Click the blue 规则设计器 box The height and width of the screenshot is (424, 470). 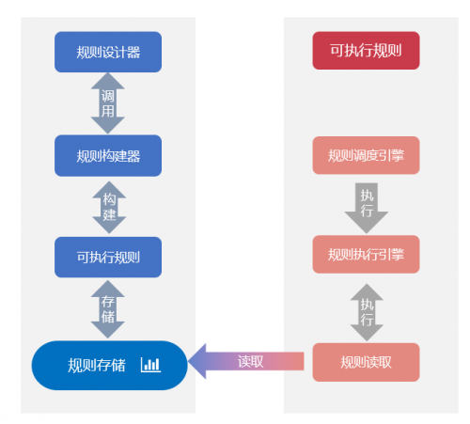click(108, 52)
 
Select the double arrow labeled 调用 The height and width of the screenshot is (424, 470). click(108, 103)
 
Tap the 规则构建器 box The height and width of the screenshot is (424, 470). click(108, 156)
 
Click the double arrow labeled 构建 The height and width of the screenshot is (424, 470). click(109, 207)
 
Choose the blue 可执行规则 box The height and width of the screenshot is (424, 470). click(108, 258)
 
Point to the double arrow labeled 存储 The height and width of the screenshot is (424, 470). click(108, 309)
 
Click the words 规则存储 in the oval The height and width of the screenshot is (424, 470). click(97, 366)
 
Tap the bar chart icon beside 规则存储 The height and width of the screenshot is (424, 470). click(150, 365)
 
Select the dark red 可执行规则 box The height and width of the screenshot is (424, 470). click(366, 51)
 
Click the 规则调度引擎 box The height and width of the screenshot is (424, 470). click(366, 155)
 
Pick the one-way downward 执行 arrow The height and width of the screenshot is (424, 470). click(367, 209)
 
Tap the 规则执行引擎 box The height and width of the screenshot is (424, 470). click(366, 255)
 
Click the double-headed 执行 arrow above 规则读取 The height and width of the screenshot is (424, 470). click(367, 312)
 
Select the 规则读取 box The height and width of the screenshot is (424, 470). click(366, 362)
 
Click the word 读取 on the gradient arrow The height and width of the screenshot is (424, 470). click(251, 362)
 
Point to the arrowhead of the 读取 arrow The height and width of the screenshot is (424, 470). click(189, 361)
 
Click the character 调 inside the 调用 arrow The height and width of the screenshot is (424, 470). click(108, 96)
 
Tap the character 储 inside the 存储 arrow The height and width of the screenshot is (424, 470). click(108, 317)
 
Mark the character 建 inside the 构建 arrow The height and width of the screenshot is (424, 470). click(109, 215)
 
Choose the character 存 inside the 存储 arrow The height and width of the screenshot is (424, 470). click(108, 302)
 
